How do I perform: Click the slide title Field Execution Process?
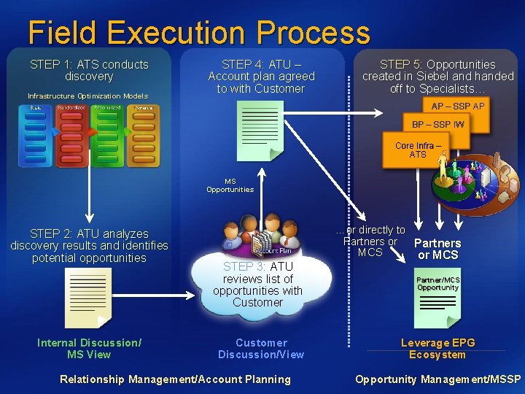[x=198, y=33]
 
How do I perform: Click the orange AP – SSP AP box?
[x=457, y=107]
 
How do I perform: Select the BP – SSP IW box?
[x=437, y=125]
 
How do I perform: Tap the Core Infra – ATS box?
[x=417, y=150]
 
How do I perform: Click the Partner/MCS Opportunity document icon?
[x=437, y=298]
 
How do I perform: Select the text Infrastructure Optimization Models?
[x=87, y=96]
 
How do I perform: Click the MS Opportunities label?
[x=230, y=185]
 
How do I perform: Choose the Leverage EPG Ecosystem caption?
[x=437, y=349]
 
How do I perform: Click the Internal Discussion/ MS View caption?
[x=89, y=349]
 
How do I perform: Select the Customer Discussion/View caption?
[x=261, y=349]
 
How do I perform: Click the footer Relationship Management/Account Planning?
[x=175, y=379]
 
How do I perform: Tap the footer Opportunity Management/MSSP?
[x=437, y=379]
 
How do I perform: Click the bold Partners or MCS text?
[x=437, y=249]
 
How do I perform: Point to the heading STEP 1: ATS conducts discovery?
[x=89, y=70]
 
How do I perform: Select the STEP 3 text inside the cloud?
[x=257, y=285]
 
